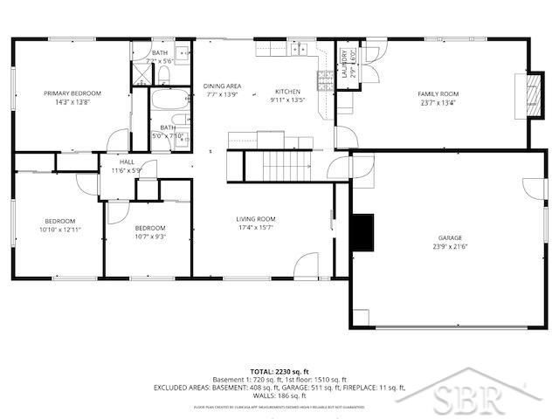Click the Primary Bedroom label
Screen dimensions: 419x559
pyautogui.click(x=74, y=93)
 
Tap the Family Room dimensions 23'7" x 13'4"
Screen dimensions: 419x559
pyautogui.click(x=438, y=102)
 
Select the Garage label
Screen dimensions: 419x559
pyautogui.click(x=450, y=237)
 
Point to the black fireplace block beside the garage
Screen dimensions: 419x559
pyautogui.click(x=361, y=230)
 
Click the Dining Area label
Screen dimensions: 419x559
pyautogui.click(x=223, y=86)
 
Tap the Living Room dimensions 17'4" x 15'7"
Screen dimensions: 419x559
pyautogui.click(x=255, y=228)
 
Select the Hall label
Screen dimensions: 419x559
pyautogui.click(x=127, y=161)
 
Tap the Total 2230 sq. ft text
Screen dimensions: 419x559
pyautogui.click(x=279, y=371)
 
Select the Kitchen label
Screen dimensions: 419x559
pyautogui.click(x=287, y=91)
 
